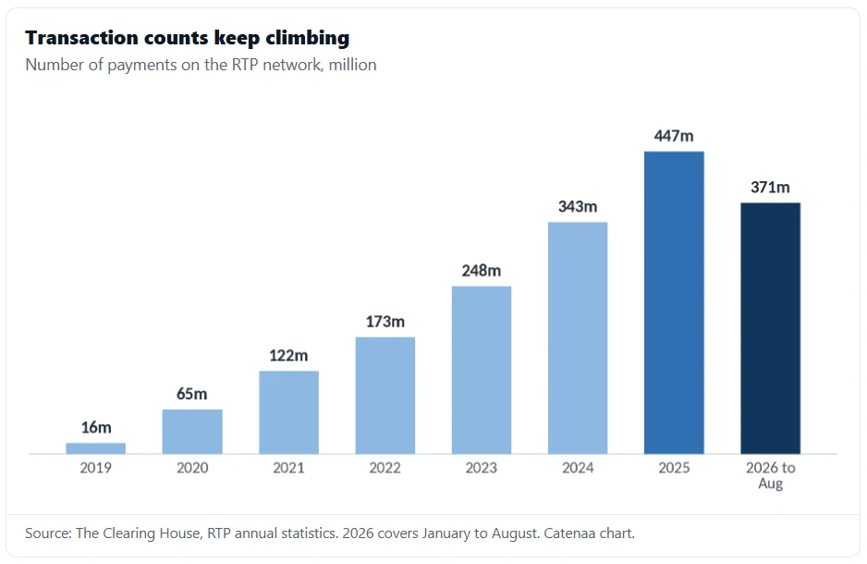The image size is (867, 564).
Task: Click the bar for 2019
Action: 95,448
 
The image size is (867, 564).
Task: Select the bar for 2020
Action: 192,432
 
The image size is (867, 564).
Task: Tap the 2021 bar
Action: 288,412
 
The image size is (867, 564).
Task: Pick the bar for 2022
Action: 385,396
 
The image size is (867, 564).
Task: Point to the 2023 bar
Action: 482,370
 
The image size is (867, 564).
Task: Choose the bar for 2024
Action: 578,337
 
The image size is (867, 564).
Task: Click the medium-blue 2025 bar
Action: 674,302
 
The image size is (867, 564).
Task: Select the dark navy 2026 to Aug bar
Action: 770,328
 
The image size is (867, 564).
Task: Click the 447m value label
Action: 674,136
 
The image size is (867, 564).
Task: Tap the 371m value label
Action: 770,188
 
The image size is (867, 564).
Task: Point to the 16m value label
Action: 96,427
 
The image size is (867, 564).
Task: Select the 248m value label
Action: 482,271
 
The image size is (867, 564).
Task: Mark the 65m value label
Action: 192,394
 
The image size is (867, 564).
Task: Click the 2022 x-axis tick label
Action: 385,468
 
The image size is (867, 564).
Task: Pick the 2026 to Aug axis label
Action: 770,475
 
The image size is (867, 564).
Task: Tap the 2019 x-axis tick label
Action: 95,468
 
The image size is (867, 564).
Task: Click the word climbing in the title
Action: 308,38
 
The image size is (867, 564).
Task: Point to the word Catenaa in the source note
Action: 567,533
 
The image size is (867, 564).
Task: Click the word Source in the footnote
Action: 49,533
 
